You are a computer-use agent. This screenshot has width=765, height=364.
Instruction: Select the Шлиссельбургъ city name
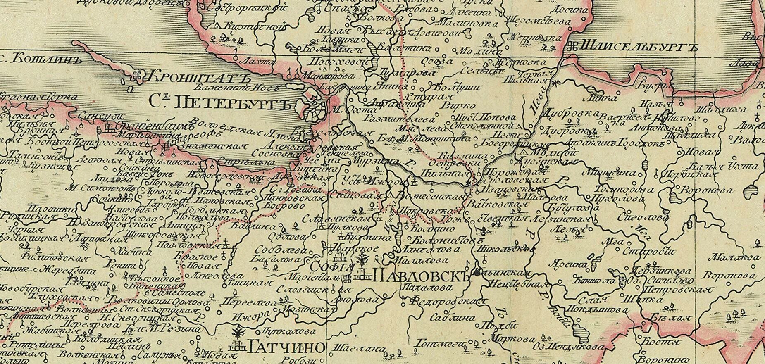[x=639, y=47]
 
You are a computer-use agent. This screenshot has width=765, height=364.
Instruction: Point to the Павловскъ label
[x=422, y=276]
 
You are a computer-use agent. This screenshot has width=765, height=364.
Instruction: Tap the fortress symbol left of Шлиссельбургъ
[x=574, y=46]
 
